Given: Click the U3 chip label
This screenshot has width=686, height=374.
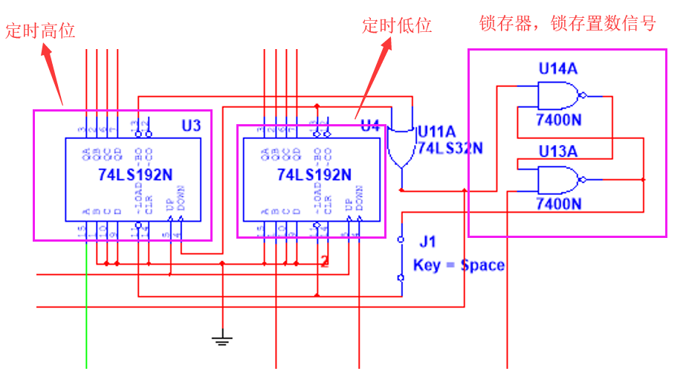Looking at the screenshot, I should tap(191, 125).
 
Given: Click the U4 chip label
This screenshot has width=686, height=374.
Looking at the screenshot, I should tap(370, 126).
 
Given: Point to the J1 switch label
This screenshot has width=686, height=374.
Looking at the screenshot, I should tap(428, 242).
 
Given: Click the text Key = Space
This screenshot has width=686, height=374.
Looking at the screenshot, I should tap(459, 265).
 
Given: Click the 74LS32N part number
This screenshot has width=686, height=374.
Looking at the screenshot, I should tap(450, 148).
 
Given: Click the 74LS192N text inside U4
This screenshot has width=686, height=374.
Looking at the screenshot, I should tap(314, 175).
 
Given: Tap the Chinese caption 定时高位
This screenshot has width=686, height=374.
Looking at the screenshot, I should tap(41, 31).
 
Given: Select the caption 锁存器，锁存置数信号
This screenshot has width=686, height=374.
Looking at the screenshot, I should tap(568, 24).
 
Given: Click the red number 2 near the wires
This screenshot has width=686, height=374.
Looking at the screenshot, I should tap(324, 261).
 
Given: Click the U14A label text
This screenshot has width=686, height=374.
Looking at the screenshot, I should tap(559, 69).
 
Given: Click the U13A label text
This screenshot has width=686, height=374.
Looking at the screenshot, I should tap(559, 152).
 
